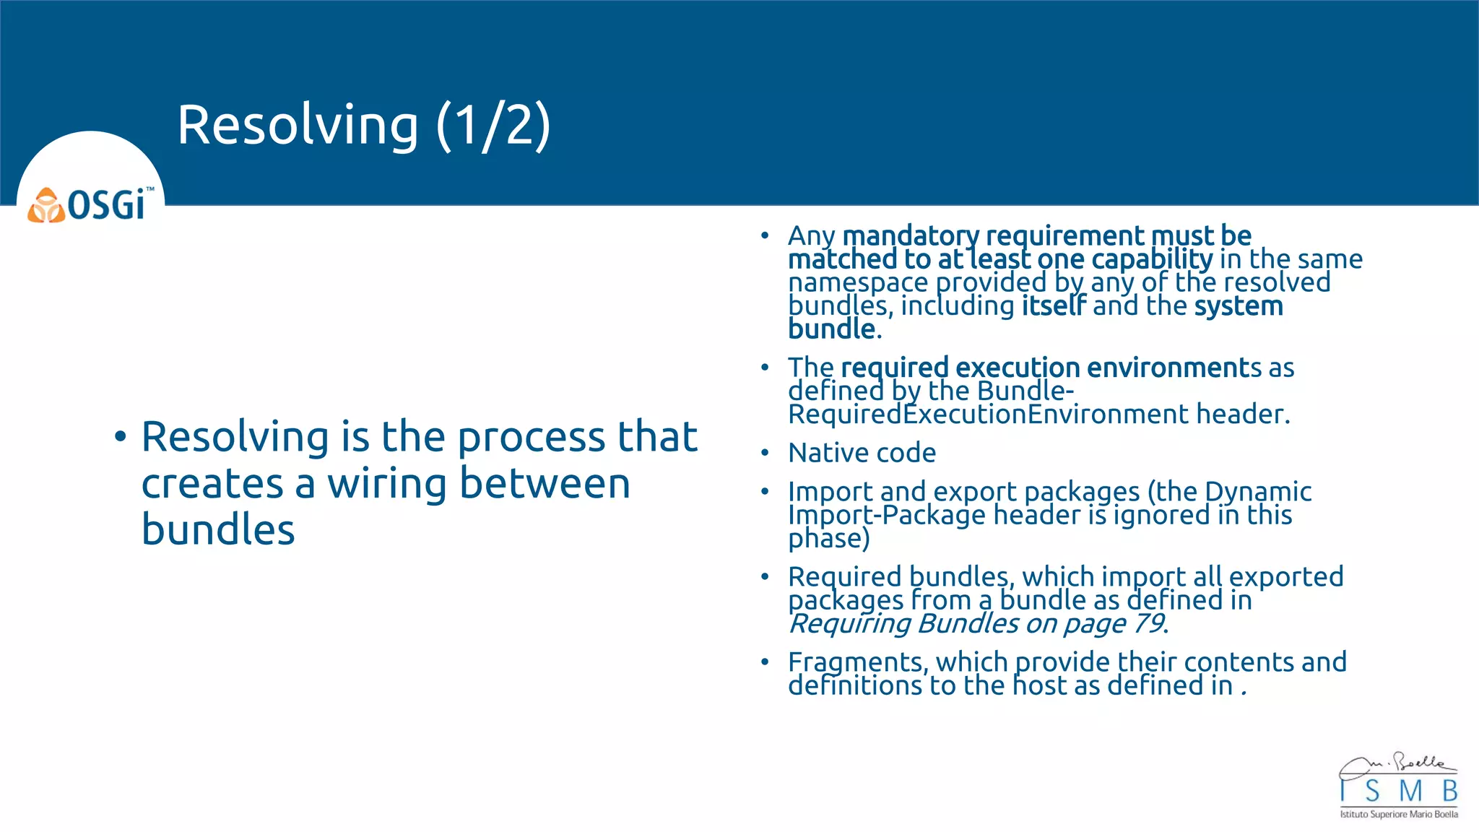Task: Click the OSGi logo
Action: (x=91, y=204)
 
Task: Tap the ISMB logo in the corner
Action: (x=1398, y=786)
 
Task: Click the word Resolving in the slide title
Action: (x=298, y=125)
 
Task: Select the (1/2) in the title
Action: (x=493, y=125)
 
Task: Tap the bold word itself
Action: (x=1053, y=305)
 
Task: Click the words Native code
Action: (x=862, y=453)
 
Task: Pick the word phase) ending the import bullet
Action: (x=828, y=539)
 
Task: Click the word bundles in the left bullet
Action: (x=218, y=529)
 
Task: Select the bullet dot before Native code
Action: (x=765, y=454)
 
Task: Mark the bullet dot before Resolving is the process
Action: (x=120, y=437)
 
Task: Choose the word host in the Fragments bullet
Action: (x=1039, y=685)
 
